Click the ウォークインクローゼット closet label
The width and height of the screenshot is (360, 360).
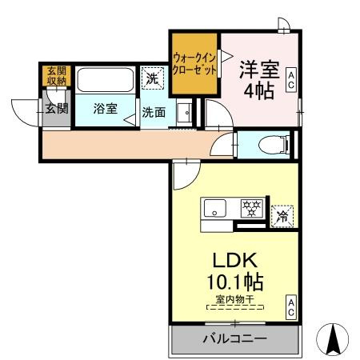194,63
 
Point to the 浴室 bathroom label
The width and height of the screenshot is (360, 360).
104,109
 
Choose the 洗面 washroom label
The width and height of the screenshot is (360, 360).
154,112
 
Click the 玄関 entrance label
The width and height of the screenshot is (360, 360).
55,108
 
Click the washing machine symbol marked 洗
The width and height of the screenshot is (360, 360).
151,78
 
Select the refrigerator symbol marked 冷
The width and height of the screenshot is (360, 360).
282,214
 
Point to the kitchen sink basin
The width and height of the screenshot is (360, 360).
217,210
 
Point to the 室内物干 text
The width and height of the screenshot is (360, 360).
233,299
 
